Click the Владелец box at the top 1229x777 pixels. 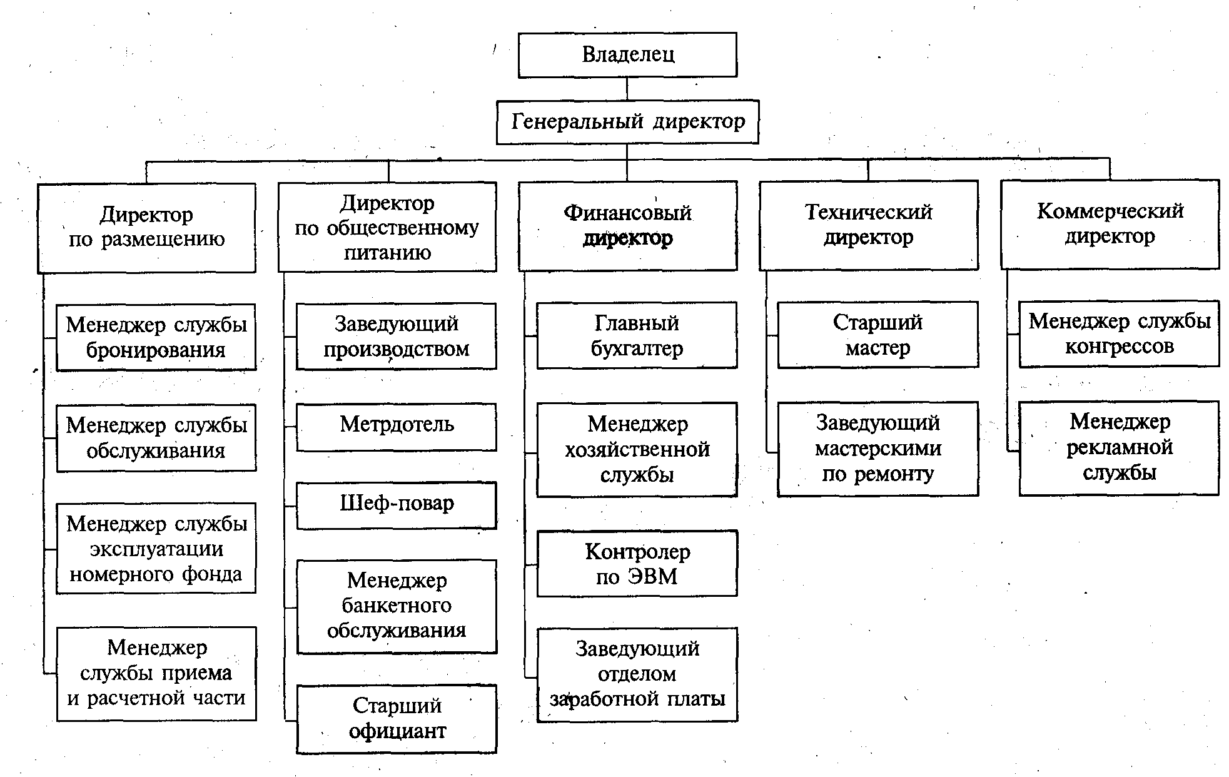[627, 55]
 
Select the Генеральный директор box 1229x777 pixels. [627, 121]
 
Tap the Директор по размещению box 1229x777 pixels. [146, 227]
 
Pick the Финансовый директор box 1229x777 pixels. [627, 225]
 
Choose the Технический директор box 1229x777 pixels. [868, 225]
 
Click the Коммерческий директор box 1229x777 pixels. [1110, 224]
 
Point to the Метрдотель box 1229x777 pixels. [397, 426]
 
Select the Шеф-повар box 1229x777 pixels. [397, 505]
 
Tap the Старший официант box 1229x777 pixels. [397, 719]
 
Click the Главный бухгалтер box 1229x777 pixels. [637, 335]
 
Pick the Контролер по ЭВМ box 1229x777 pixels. [637, 564]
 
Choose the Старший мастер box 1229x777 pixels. [877, 335]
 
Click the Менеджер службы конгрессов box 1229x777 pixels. [1119, 333]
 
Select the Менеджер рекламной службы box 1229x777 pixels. [1119, 448]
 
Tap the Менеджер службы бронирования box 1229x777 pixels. [156, 337]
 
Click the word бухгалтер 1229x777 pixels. [637, 348]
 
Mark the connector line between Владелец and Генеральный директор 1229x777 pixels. [627, 89]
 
